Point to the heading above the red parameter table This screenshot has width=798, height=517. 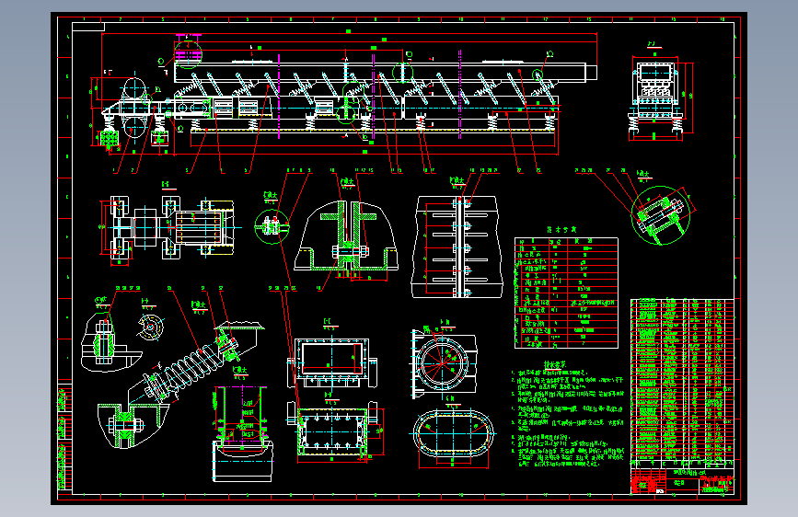tap(561, 230)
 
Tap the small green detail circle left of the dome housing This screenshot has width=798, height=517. tap(271, 224)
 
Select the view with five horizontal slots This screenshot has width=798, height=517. tap(457, 246)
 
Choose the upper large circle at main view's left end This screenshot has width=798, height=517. tap(134, 90)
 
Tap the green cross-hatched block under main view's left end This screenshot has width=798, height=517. tap(109, 138)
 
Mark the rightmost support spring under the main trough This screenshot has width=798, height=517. tap(550, 119)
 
